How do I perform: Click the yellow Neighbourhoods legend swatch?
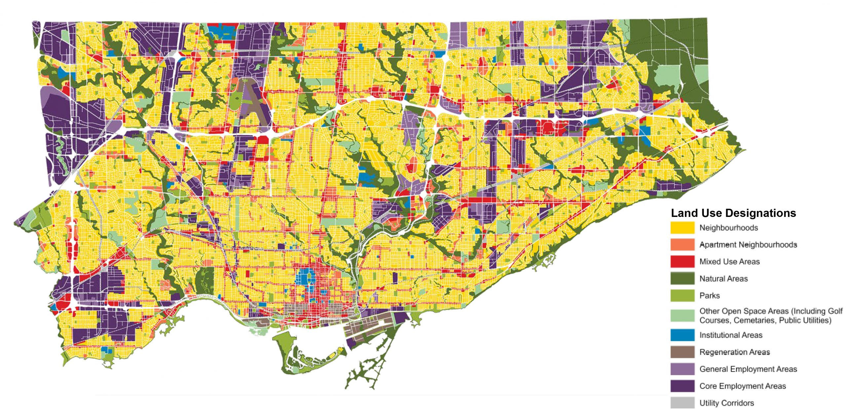[x=682, y=228]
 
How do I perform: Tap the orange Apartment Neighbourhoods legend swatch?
[x=682, y=245]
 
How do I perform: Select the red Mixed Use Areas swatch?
[x=682, y=261]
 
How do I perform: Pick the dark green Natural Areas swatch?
[x=682, y=278]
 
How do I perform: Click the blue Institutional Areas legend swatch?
[x=682, y=335]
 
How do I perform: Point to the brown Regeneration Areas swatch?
[x=682, y=352]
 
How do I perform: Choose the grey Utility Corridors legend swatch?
[x=682, y=403]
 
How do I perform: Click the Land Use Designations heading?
[x=733, y=213]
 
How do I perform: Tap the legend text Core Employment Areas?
[x=743, y=386]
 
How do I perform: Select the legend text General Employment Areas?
[x=748, y=369]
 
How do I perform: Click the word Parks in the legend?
[x=710, y=295]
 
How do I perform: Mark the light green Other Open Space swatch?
[x=682, y=315]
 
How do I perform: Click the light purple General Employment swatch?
[x=682, y=369]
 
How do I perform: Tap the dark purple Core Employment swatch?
[x=682, y=386]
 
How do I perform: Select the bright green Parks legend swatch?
[x=682, y=295]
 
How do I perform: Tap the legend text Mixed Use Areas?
[x=729, y=261]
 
